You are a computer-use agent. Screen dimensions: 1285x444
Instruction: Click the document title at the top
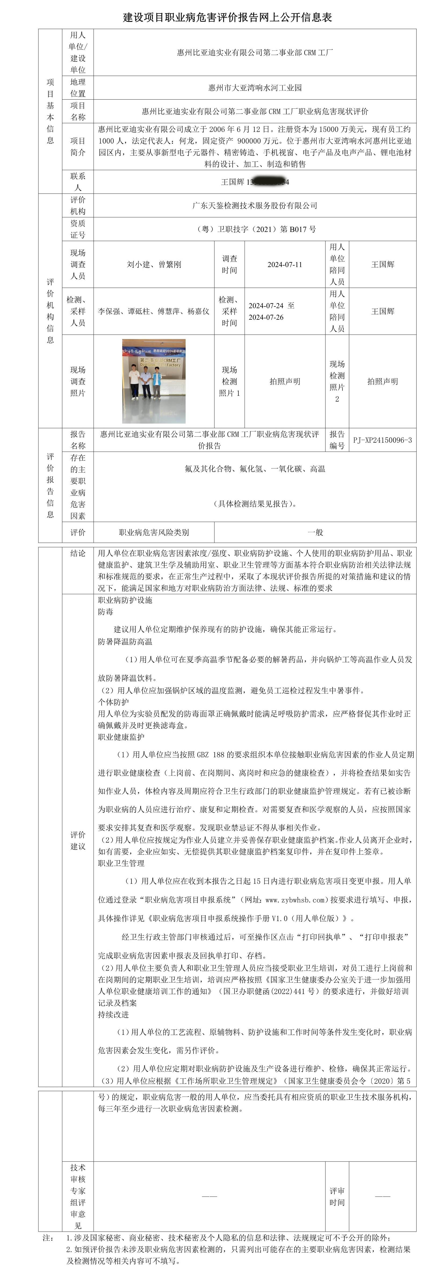point(228,17)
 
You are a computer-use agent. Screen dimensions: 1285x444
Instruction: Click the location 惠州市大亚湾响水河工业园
point(255,88)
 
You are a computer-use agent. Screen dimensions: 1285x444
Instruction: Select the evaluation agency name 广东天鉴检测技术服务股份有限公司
point(255,206)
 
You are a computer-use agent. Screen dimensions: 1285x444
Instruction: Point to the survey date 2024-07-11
point(285,264)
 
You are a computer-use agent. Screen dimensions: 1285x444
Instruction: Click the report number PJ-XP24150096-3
point(383,440)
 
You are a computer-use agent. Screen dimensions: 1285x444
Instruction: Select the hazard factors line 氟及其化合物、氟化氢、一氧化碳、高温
point(255,469)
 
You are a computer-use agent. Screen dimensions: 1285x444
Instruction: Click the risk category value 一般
point(315,532)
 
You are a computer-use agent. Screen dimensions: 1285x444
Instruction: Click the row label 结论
point(78,553)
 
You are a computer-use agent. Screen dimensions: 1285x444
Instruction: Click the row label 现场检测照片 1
point(229,381)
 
